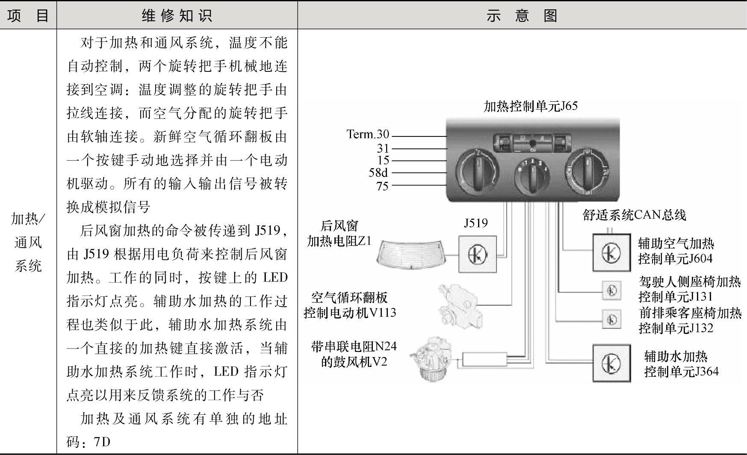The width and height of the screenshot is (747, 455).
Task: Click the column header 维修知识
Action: [177, 15]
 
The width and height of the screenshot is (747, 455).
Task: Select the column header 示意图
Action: [522, 15]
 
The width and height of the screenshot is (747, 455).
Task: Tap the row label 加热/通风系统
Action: [28, 242]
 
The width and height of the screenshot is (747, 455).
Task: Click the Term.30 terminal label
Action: [368, 134]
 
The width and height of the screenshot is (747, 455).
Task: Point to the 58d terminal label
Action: [378, 172]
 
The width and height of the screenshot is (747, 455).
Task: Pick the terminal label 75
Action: [382, 186]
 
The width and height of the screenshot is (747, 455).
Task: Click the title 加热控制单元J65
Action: [530, 106]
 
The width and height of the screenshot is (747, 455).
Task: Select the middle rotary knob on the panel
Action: [532, 176]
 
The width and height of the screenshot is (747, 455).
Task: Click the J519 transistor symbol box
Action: [478, 254]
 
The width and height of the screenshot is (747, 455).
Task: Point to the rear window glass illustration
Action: [409, 254]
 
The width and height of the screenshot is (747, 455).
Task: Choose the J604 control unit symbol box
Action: [611, 253]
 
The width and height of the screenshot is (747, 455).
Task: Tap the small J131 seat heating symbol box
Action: [611, 290]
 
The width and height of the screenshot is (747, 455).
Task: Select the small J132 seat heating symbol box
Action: [611, 319]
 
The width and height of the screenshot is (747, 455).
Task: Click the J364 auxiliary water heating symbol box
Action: [611, 363]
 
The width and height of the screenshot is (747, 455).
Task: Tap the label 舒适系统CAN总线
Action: [634, 215]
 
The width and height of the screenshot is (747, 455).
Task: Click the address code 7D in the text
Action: [102, 441]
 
